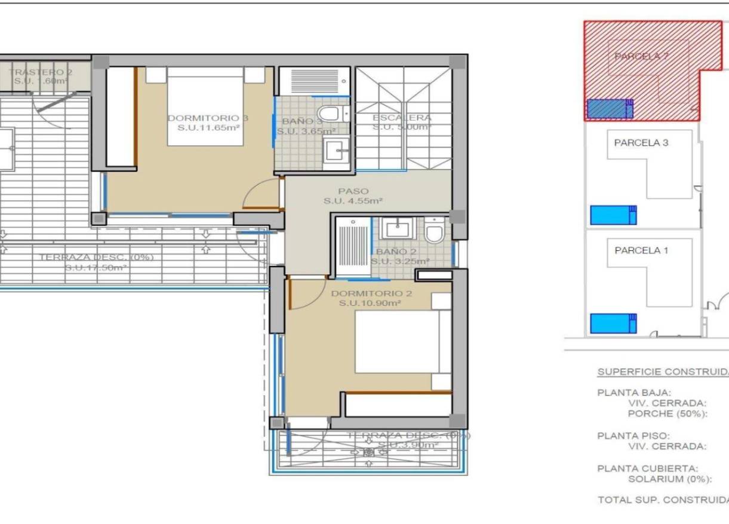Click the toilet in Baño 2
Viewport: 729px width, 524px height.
click(x=435, y=230)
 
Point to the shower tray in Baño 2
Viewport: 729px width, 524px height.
click(x=352, y=247)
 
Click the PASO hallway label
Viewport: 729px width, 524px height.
click(x=353, y=191)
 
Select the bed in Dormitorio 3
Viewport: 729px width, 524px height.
click(x=205, y=106)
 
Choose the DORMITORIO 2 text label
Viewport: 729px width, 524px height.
click(x=371, y=293)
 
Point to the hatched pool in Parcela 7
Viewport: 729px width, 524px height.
click(x=610, y=109)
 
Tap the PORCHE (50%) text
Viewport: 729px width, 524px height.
click(x=668, y=413)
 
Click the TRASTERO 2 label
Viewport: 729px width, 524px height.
click(x=40, y=72)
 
